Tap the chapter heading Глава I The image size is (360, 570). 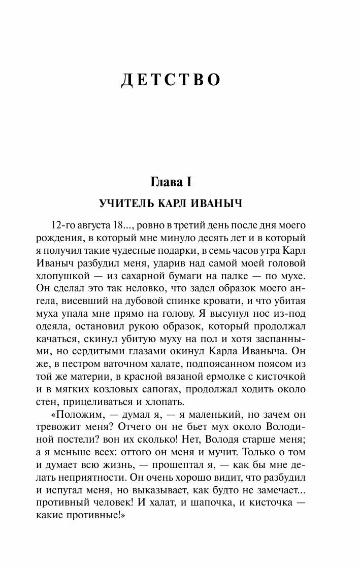coord(180,182)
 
